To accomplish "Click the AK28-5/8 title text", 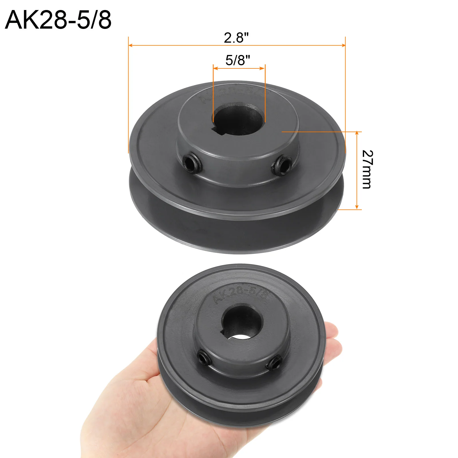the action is pyautogui.click(x=58, y=20).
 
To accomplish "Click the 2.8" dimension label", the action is pyautogui.click(x=236, y=37).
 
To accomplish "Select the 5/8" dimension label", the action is pyautogui.click(x=238, y=60).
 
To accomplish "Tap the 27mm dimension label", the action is pyautogui.click(x=367, y=169).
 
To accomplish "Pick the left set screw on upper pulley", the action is pyautogui.click(x=190, y=163).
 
